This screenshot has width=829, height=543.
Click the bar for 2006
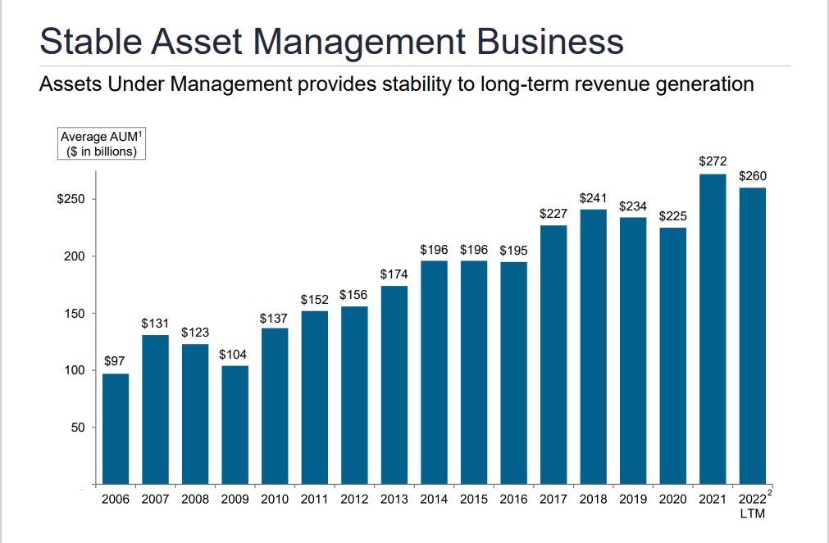pyautogui.click(x=116, y=428)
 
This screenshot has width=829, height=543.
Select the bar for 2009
pyautogui.click(x=235, y=424)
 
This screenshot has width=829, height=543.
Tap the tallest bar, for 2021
pyautogui.click(x=713, y=328)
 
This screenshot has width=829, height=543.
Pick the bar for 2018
pyautogui.click(x=593, y=346)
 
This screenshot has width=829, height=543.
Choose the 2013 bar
pyautogui.click(x=394, y=385)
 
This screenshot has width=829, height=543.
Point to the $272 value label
pyautogui.click(x=713, y=162)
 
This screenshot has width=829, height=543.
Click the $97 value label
pyautogui.click(x=116, y=361)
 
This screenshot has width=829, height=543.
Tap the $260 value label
pyautogui.click(x=753, y=176)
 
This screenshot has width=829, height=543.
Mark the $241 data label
pyautogui.click(x=593, y=197)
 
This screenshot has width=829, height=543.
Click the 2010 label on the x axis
pyautogui.click(x=275, y=499)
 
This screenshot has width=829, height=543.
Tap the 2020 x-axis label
pyautogui.click(x=672, y=499)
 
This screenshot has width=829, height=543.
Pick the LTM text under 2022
pyautogui.click(x=752, y=514)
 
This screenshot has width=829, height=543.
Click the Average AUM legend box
pyautogui.click(x=102, y=144)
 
